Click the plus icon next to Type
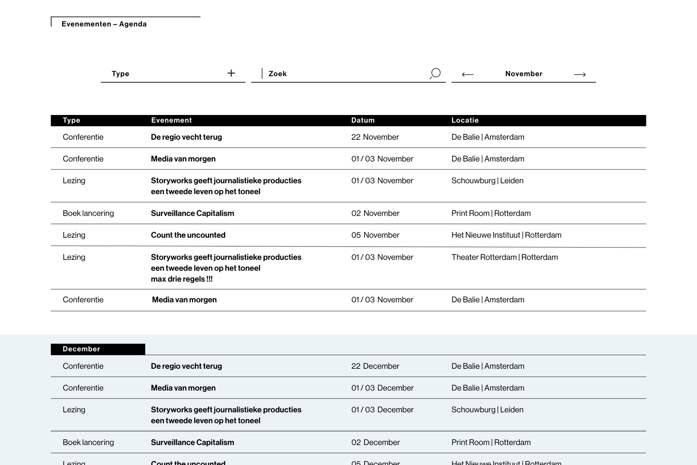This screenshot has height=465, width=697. [231, 73]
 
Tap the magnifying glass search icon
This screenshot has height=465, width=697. [435, 74]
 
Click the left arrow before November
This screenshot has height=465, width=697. [467, 74]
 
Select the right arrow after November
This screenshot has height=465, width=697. [580, 74]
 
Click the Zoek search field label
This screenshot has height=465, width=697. [277, 74]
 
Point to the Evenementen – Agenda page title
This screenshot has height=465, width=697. [104, 24]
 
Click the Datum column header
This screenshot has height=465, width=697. [363, 120]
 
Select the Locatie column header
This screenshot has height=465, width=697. [465, 120]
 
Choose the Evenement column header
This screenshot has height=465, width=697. [171, 120]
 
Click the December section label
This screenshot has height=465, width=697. [81, 349]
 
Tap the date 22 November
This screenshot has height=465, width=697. [375, 137]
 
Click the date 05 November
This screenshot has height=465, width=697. [375, 235]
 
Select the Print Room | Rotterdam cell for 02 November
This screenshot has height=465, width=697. [491, 213]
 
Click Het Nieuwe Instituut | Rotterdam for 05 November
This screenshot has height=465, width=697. [506, 235]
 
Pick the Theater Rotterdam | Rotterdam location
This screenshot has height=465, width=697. [504, 257]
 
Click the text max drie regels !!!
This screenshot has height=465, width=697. [182, 279]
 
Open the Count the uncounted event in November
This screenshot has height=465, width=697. [188, 235]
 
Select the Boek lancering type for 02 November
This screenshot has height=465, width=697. [88, 213]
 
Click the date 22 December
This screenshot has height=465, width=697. [375, 366]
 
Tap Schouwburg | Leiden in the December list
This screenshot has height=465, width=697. [487, 410]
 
